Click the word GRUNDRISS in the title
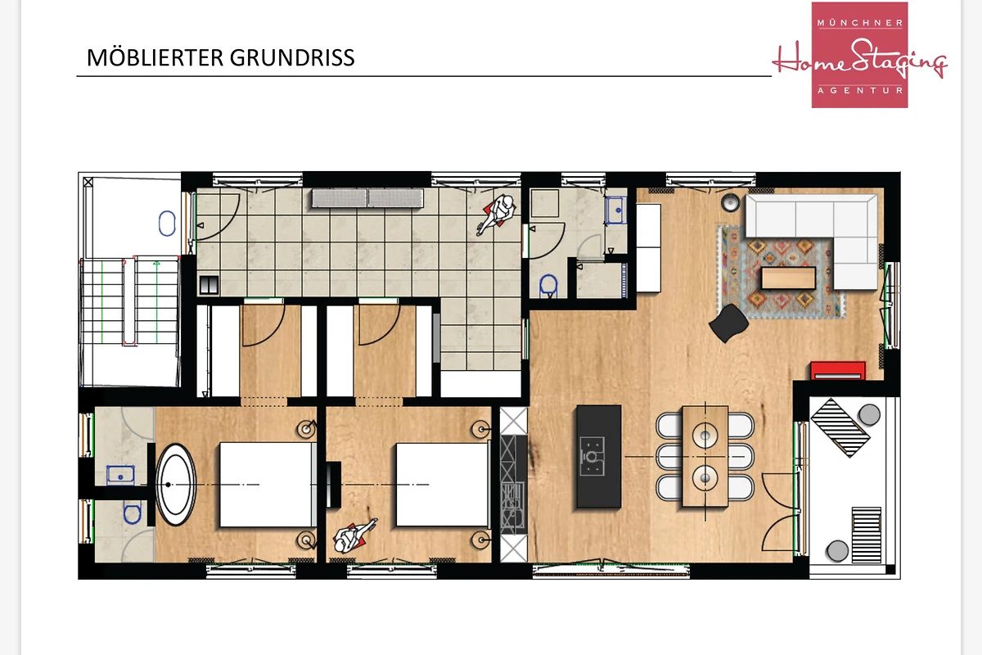point(292,58)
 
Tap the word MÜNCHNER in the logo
point(860,22)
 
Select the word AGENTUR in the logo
point(860,90)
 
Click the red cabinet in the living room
point(838,370)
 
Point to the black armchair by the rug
point(728,323)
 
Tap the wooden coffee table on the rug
point(788,278)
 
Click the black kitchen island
point(598,456)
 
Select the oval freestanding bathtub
point(176,485)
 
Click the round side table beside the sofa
point(730,203)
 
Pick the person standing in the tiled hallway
point(498,214)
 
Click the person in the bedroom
point(354,536)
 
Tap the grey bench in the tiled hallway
point(367,198)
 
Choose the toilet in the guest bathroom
point(548,286)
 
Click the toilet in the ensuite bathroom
point(132,513)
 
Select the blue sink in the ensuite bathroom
point(120,476)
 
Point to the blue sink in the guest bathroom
point(616,210)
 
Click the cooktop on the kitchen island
point(592,456)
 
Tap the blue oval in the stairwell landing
point(167,224)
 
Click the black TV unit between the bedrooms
point(334,485)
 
